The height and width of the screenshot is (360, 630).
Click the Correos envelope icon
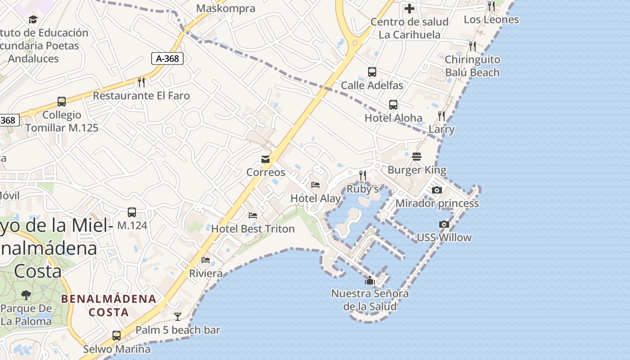coord(265,159)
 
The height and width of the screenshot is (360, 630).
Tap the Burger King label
coord(417,170)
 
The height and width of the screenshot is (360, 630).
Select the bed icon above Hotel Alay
coord(315,185)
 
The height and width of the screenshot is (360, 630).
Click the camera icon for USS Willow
coord(444,224)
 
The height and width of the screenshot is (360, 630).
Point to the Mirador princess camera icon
coord(436,190)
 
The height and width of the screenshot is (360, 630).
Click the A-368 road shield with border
coord(167,58)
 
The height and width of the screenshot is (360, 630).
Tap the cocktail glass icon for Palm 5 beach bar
coord(178,317)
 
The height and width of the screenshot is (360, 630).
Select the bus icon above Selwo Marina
coord(117,336)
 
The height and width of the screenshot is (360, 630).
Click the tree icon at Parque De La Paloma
coord(26,295)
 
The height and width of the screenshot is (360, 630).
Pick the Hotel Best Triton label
coord(253,229)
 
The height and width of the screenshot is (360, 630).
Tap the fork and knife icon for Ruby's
coord(363,175)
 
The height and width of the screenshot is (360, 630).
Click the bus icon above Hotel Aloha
coord(393,105)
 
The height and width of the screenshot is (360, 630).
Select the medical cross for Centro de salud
coord(409,9)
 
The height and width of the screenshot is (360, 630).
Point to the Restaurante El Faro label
coord(141,95)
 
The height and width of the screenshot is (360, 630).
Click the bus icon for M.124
coord(132,212)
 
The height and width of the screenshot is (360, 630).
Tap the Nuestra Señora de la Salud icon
coord(370,281)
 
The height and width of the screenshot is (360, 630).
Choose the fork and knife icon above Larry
coord(441,116)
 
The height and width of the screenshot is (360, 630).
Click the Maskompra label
coord(226,9)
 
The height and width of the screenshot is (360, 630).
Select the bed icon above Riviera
coord(206,260)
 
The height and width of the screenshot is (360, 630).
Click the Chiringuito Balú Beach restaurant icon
coord(472,46)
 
